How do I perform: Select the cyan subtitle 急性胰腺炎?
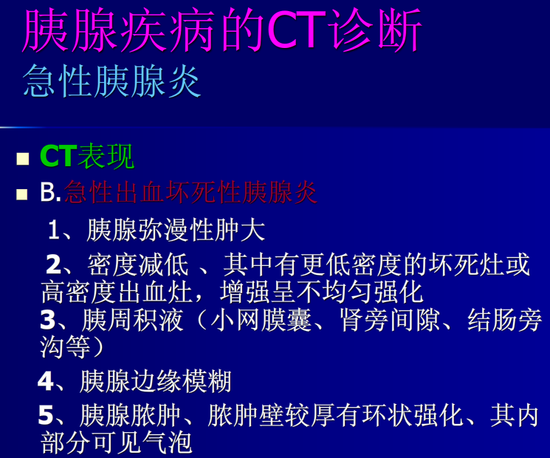point(112,81)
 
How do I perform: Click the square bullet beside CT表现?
point(24,158)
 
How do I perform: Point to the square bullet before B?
point(24,194)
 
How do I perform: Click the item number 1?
point(54,230)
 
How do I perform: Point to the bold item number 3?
point(47,321)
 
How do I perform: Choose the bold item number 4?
point(46,381)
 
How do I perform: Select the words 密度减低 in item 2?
point(137,264)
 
